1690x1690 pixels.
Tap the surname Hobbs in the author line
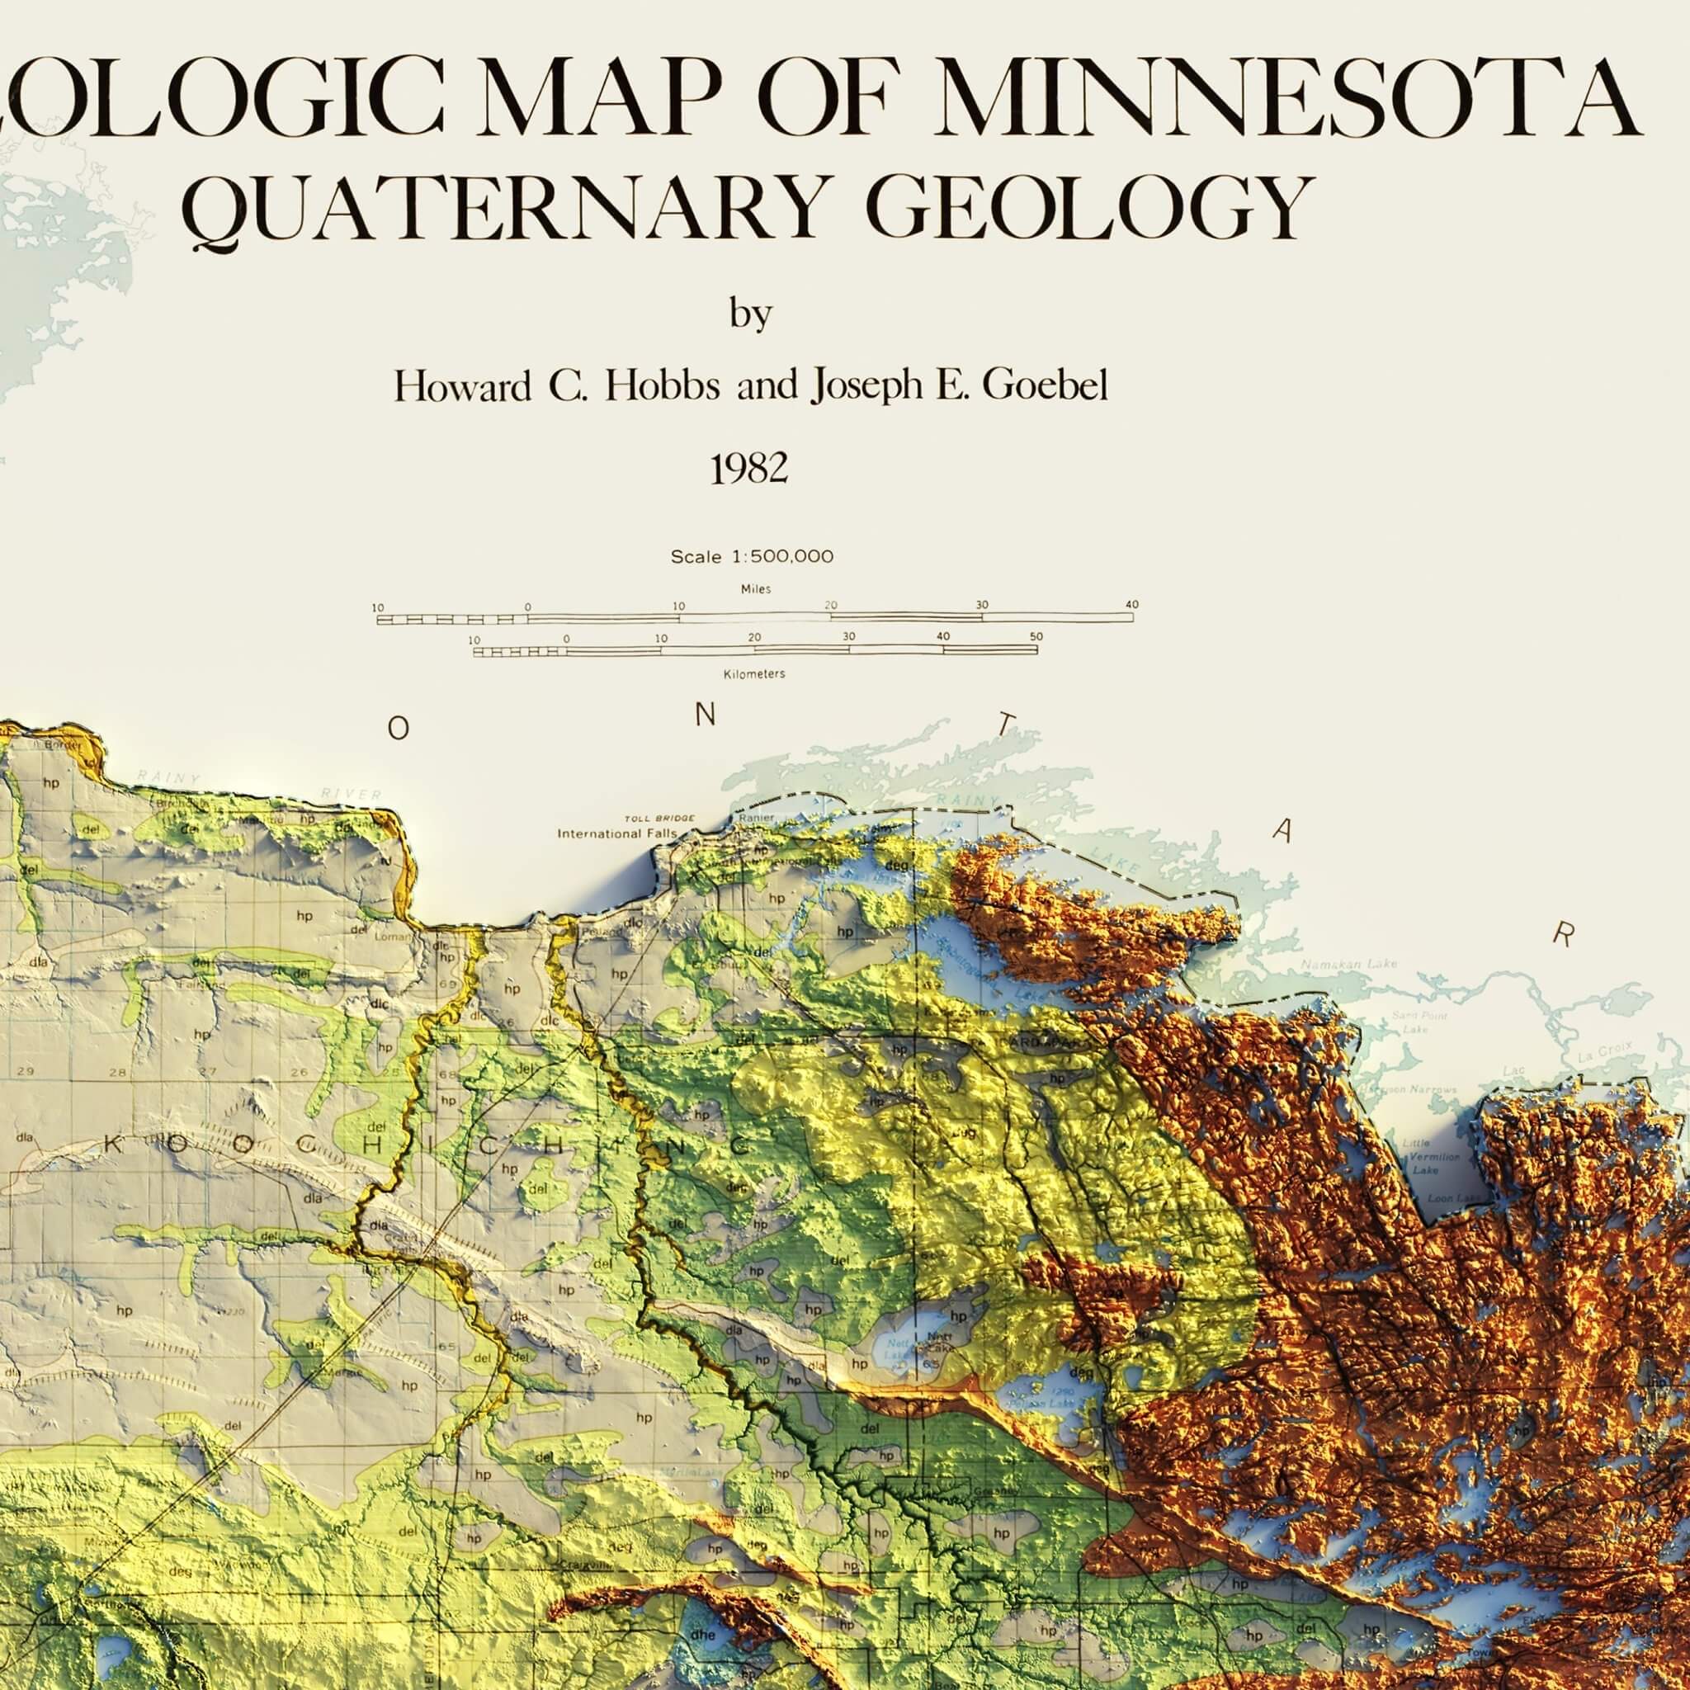point(661,385)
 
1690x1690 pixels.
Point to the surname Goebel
point(1045,385)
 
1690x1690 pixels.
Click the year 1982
point(748,470)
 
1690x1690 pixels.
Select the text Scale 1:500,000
point(752,556)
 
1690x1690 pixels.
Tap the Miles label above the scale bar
point(756,589)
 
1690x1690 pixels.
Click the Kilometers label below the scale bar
point(754,674)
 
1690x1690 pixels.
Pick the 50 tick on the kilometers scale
point(1036,637)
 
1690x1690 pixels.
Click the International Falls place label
point(616,833)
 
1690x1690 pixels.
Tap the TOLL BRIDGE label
point(659,818)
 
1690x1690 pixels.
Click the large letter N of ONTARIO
point(705,715)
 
